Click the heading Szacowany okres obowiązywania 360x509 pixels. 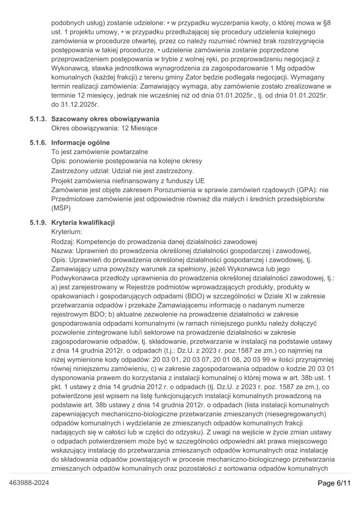click(x=105, y=119)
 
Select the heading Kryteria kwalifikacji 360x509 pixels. click(x=83, y=222)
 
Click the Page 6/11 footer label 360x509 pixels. click(x=334, y=483)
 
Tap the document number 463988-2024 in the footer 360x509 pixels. click(x=29, y=483)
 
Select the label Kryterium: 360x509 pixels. click(x=67, y=231)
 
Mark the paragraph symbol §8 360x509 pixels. click(x=326, y=22)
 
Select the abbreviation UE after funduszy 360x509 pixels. click(x=199, y=180)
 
